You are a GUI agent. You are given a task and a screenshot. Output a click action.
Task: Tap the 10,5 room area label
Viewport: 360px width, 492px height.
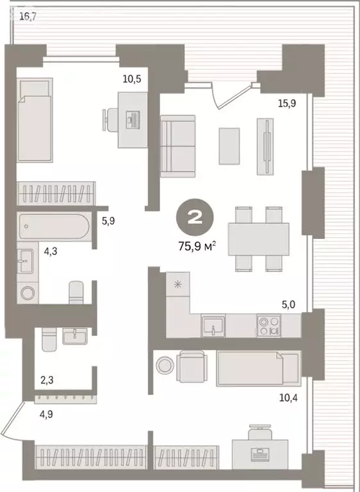click(132, 79)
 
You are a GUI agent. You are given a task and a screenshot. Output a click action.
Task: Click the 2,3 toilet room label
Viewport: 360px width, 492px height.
click(47, 381)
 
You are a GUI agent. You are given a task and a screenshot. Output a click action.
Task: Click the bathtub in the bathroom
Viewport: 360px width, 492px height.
click(54, 227)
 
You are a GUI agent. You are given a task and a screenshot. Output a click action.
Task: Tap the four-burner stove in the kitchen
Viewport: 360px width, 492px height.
click(269, 325)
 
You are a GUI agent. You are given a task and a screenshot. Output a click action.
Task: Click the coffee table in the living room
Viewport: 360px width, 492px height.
click(229, 145)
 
